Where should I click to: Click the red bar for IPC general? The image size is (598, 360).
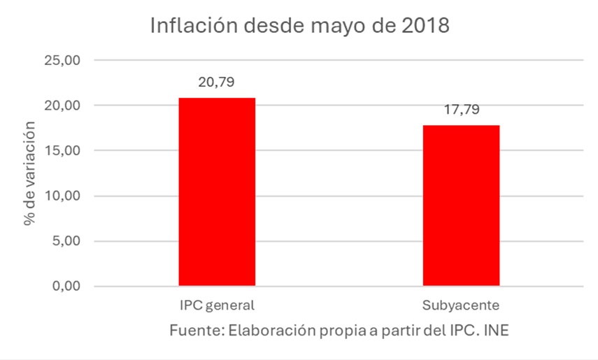[217, 192]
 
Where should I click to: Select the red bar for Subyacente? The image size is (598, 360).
[461, 206]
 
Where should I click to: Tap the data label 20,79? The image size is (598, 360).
[217, 82]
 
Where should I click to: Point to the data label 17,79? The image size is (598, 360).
[461, 110]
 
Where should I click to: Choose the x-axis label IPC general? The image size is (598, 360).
[217, 306]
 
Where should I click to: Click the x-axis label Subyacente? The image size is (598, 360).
[461, 306]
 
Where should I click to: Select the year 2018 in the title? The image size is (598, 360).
[423, 27]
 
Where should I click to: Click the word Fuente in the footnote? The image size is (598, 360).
[193, 330]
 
